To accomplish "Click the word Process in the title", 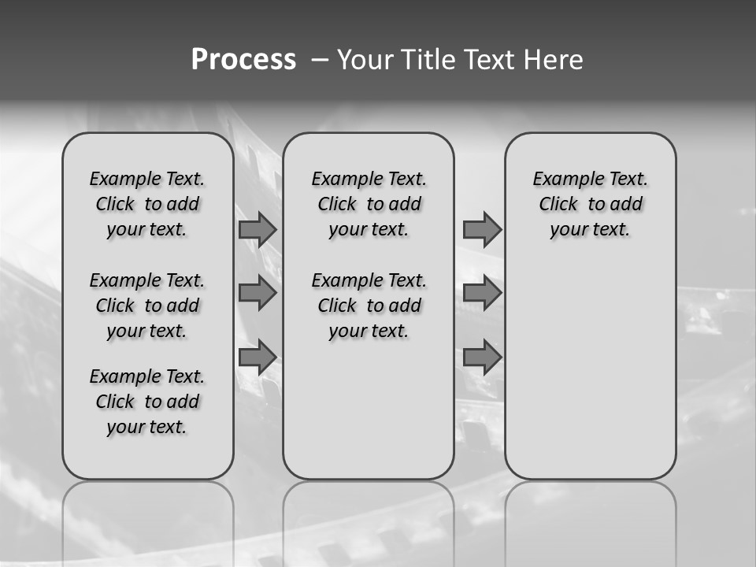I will (x=243, y=60).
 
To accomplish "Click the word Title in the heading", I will (x=425, y=60).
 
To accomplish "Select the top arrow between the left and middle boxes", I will (x=258, y=229).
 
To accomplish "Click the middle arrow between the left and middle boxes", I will (x=258, y=293).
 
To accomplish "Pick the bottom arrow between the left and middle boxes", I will (x=258, y=357).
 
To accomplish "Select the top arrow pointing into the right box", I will (x=482, y=229).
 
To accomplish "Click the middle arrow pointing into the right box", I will (x=482, y=293).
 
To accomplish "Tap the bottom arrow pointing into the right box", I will (x=482, y=357).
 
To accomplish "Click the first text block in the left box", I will (x=147, y=204).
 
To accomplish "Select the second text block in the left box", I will (x=147, y=306).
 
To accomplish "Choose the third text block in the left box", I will (x=147, y=402).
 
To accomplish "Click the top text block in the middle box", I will (x=369, y=204).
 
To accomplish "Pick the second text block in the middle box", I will (x=369, y=306).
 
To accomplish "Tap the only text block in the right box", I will (x=590, y=204).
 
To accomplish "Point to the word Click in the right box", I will (x=558, y=205).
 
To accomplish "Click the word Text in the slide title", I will (x=489, y=60).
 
